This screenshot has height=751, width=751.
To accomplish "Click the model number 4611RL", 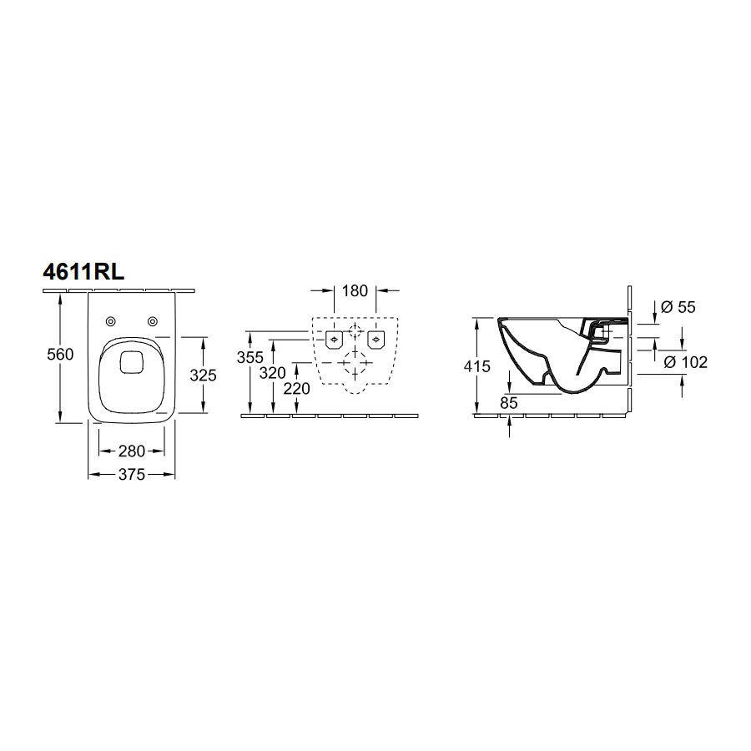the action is coord(83,272).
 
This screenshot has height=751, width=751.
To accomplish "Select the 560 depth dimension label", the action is coord(60,355).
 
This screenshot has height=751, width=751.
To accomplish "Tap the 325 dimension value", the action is coord(203,375).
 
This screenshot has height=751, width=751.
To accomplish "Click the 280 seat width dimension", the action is coord(132,451).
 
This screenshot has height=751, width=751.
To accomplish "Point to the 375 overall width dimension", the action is coord(132,474).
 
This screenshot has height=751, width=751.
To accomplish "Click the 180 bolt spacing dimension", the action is coord(355,290).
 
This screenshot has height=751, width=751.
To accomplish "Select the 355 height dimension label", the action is coord(250,357).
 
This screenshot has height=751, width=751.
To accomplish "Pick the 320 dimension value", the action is coord(273,373).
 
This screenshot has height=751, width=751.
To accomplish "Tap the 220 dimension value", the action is coord(297,388).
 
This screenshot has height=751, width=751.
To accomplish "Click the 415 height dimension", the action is coord(477,366).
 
